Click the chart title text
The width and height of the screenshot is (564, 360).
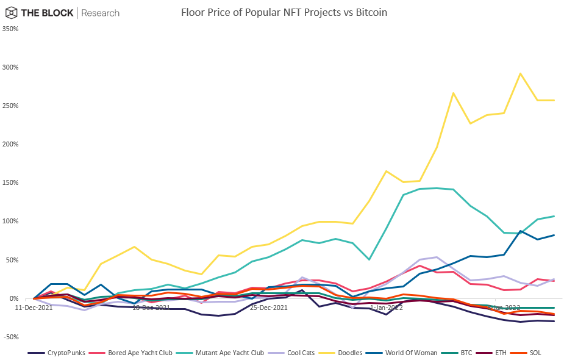pos(284,12)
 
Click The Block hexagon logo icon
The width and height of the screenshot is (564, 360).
pos(10,13)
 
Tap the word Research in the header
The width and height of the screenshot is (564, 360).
pos(101,13)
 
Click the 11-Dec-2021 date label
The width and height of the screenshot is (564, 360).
pos(34,308)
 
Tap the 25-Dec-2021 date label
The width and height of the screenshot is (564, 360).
pos(269,308)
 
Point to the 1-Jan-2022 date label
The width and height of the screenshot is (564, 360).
pos(387,308)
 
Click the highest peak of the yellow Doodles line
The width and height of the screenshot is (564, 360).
pos(519,74)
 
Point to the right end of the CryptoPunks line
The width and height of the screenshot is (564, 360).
pos(554,321)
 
